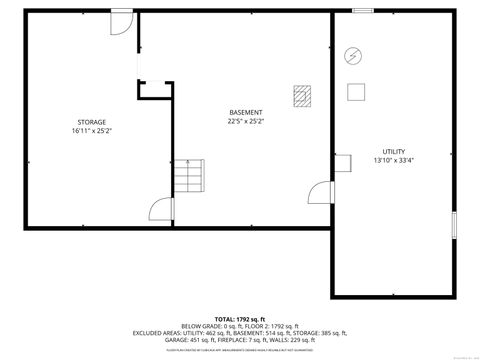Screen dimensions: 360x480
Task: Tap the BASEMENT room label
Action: [x=246, y=112]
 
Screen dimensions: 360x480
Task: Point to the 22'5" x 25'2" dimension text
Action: [x=246, y=121]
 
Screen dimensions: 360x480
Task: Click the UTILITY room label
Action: [x=393, y=151]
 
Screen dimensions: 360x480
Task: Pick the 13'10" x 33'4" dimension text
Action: [x=393, y=160]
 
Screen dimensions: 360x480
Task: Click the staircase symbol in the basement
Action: [x=190, y=177]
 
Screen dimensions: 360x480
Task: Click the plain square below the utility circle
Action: [x=355, y=92]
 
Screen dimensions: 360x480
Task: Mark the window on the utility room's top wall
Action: [x=363, y=11]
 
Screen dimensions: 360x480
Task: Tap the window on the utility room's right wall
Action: [x=455, y=225]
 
